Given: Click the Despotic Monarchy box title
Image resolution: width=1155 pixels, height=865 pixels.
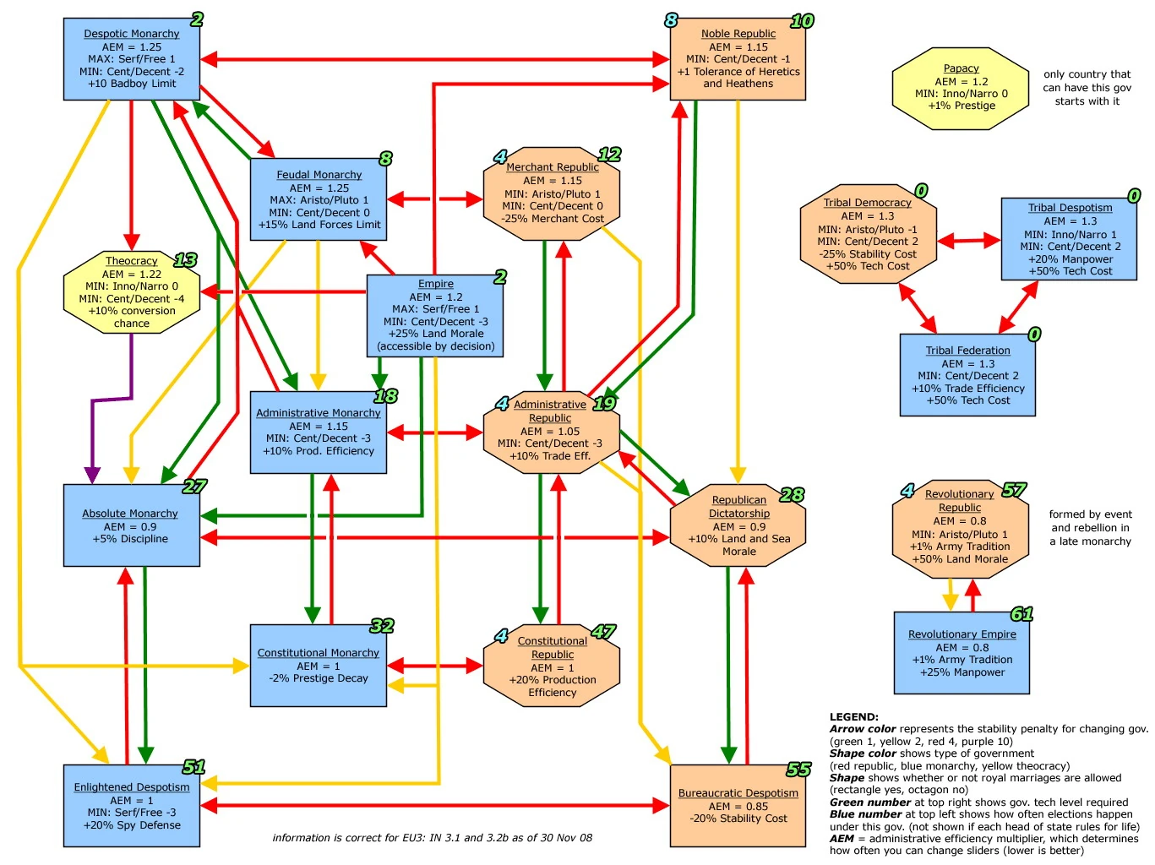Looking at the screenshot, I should click(x=131, y=34).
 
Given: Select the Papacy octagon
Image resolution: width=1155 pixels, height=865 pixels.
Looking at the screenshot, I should click(x=961, y=88).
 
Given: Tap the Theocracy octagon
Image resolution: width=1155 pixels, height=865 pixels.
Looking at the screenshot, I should click(x=132, y=292).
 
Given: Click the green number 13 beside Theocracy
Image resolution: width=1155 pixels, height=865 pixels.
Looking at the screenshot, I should click(x=185, y=260).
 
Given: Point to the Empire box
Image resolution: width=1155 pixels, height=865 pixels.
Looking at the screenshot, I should click(x=435, y=315).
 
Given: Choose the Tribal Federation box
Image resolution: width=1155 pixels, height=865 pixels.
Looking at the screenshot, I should click(x=967, y=375).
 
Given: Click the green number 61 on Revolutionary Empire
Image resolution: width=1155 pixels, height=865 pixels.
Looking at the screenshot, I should click(x=1022, y=614).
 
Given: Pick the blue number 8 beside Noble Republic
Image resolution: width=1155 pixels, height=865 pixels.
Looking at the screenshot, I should click(x=671, y=20).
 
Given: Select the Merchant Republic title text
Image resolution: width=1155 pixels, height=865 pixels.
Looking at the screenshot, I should click(x=553, y=167).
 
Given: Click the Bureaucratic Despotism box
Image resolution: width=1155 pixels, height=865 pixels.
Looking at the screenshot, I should click(x=738, y=805).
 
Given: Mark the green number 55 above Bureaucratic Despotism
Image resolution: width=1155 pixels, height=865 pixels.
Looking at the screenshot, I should click(x=798, y=770).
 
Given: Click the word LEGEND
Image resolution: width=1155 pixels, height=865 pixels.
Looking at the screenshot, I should click(x=853, y=717).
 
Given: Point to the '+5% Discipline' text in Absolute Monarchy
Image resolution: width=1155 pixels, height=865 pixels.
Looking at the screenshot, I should click(x=130, y=539).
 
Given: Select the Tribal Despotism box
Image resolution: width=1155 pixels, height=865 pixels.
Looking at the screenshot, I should click(x=1069, y=239).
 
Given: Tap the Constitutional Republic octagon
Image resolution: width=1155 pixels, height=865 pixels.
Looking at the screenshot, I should click(x=552, y=666).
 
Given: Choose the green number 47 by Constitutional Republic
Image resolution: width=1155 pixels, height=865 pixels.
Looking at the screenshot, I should click(x=603, y=632).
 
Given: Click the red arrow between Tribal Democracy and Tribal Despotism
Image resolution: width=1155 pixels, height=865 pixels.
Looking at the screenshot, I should click(x=969, y=241).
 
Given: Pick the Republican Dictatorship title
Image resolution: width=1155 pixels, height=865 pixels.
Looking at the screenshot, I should click(x=739, y=507).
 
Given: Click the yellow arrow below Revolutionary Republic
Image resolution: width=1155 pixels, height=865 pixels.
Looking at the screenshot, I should click(x=951, y=594).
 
